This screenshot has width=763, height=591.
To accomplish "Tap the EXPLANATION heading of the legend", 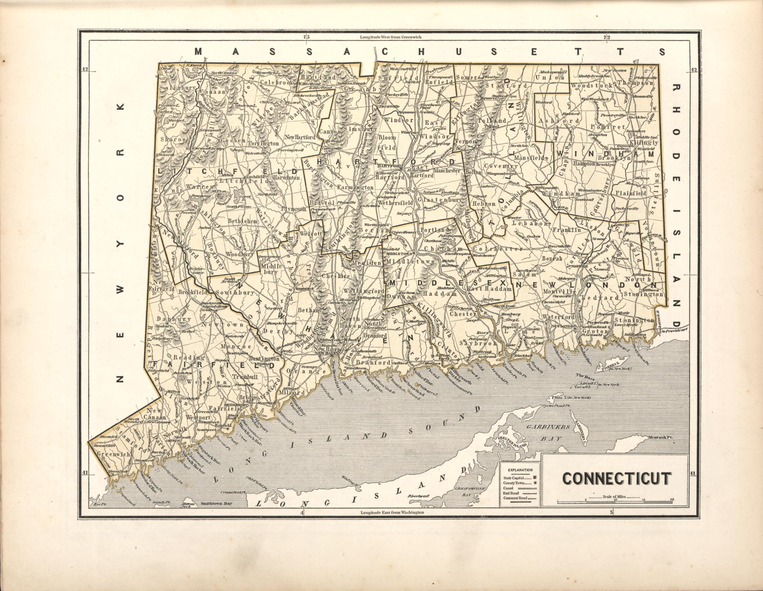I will pyautogui.click(x=520, y=470).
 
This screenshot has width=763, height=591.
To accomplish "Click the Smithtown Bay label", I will pyautogui.click(x=216, y=504).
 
